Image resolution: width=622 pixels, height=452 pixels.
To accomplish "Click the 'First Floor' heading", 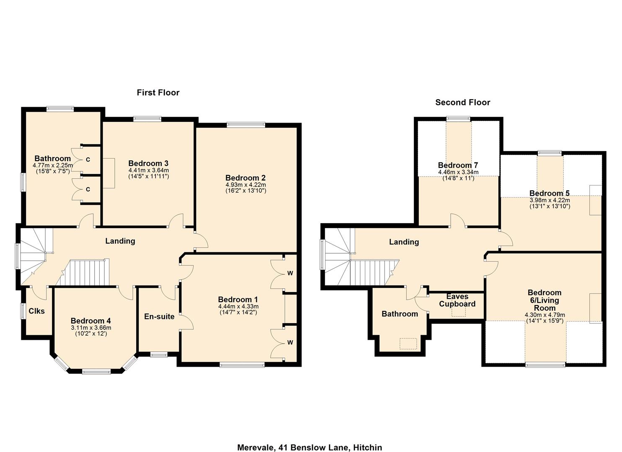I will tap(158, 92).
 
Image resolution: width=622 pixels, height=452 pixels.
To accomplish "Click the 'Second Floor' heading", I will tap(462, 102).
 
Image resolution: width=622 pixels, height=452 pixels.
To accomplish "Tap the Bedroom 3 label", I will tap(148, 163).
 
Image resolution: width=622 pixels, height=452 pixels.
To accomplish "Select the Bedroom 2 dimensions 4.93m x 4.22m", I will tap(245, 185).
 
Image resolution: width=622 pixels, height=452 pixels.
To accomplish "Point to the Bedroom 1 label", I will tap(238, 299).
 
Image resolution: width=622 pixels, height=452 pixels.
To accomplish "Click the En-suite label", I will tap(159, 316).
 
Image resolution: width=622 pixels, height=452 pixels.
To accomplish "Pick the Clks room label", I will tap(36, 311).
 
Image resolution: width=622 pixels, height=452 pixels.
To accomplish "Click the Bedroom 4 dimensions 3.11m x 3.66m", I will tap(91, 328).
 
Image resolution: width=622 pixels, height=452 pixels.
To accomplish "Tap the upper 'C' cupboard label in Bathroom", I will tap(88, 159).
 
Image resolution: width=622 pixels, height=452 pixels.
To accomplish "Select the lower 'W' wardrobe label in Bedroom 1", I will tap(290, 342).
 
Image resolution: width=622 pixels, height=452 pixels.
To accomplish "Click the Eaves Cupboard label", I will tap(457, 300).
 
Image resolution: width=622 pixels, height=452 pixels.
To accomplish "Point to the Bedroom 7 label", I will tap(458, 165).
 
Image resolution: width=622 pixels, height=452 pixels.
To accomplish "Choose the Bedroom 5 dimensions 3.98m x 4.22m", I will tap(550, 200).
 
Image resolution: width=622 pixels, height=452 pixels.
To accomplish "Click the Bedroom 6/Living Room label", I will tap(545, 300).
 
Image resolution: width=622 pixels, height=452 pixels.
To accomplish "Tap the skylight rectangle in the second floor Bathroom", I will tap(408, 344).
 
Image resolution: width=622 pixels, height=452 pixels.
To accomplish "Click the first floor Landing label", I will tap(120, 241).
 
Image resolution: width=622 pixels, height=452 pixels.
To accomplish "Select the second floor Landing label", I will tap(404, 242).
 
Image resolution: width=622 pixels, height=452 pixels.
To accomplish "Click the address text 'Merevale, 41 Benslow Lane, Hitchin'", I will tap(310, 447).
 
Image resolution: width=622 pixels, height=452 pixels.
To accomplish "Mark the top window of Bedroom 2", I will tap(246, 124).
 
